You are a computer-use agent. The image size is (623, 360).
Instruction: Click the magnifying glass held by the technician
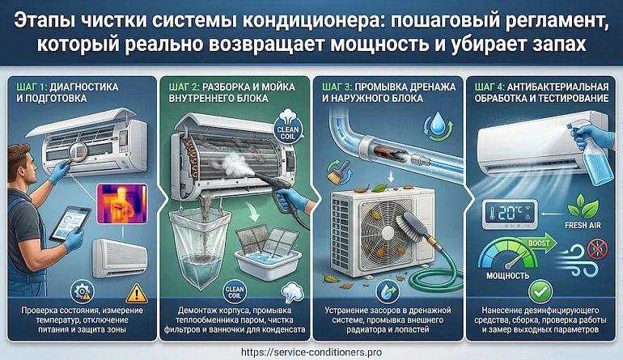point(78,152)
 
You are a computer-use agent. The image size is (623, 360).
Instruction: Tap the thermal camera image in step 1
point(122,203)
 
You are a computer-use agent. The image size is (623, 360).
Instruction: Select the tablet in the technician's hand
point(70,224)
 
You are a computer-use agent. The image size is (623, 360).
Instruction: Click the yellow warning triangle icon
point(137,294)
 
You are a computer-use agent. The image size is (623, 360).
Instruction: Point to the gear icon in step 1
point(83,293)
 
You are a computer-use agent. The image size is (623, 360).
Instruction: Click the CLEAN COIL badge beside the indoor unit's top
point(288,127)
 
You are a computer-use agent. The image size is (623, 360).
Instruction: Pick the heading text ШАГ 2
point(184,87)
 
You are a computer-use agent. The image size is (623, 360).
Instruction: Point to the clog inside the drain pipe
point(392,155)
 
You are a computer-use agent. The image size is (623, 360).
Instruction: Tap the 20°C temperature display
point(510,214)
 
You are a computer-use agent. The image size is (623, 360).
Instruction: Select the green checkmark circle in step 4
point(540,292)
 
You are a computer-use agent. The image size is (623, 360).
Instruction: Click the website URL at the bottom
point(311,352)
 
